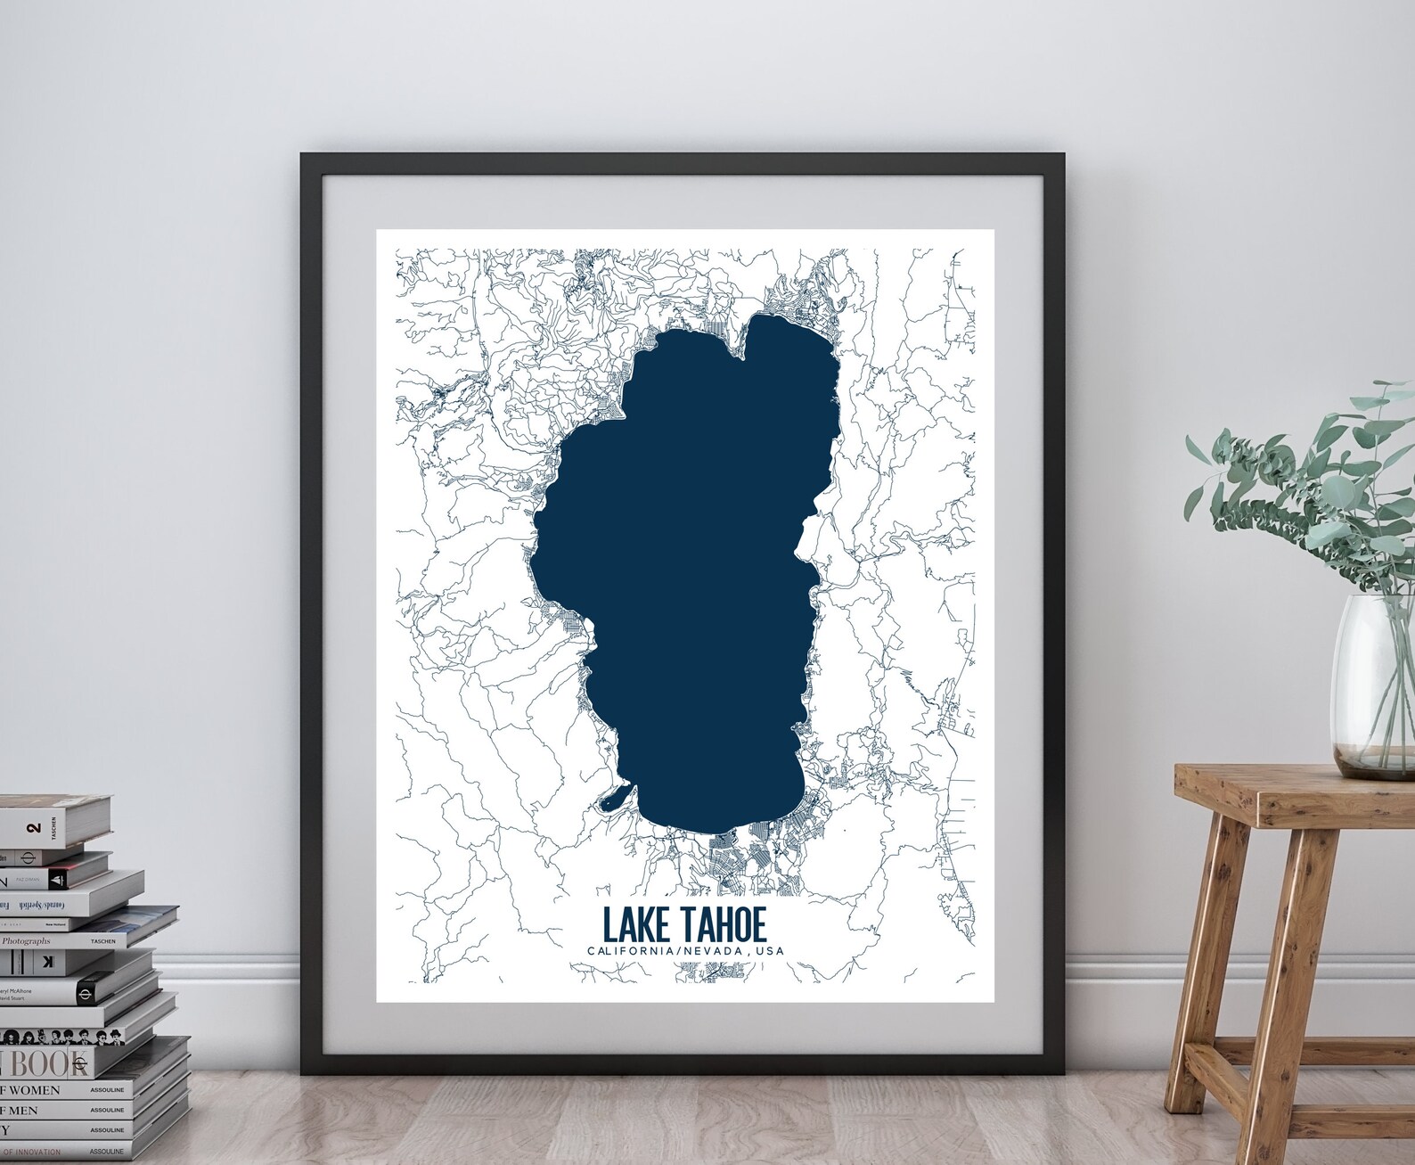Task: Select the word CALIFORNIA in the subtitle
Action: point(626,951)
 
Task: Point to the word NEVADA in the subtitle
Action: point(709,951)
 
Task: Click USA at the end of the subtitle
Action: point(768,951)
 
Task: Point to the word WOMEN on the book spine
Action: point(34,1090)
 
